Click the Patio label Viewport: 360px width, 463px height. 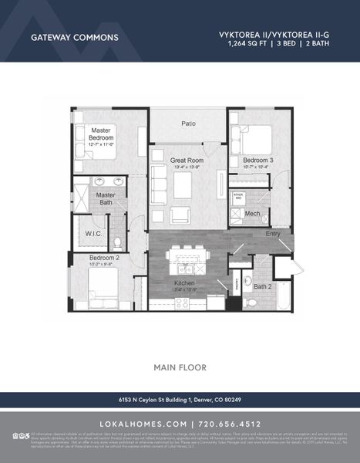tap(188, 123)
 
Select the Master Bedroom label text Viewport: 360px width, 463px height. tap(102, 134)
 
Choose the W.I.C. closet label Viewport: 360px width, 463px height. tap(93, 232)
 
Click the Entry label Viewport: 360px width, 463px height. tap(274, 232)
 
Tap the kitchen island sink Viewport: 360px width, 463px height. tap(186, 269)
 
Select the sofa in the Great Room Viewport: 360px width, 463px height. tap(158, 184)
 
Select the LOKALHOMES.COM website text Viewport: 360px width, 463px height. tap(143, 424)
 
